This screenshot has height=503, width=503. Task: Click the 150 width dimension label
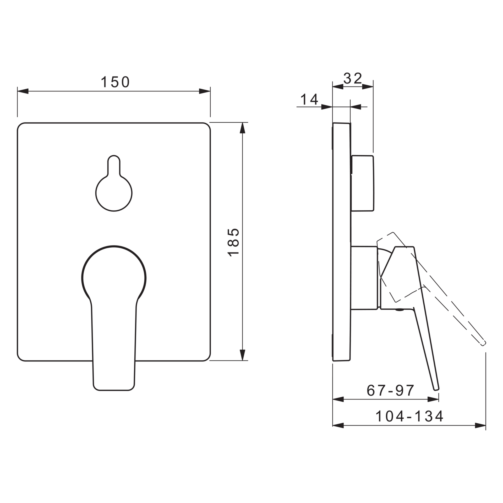(x=115, y=82)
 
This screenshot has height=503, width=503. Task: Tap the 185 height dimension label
(x=233, y=242)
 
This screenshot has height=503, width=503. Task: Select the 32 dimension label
(x=353, y=78)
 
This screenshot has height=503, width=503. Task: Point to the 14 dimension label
(x=309, y=100)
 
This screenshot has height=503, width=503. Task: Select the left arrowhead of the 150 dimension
(x=23, y=91)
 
